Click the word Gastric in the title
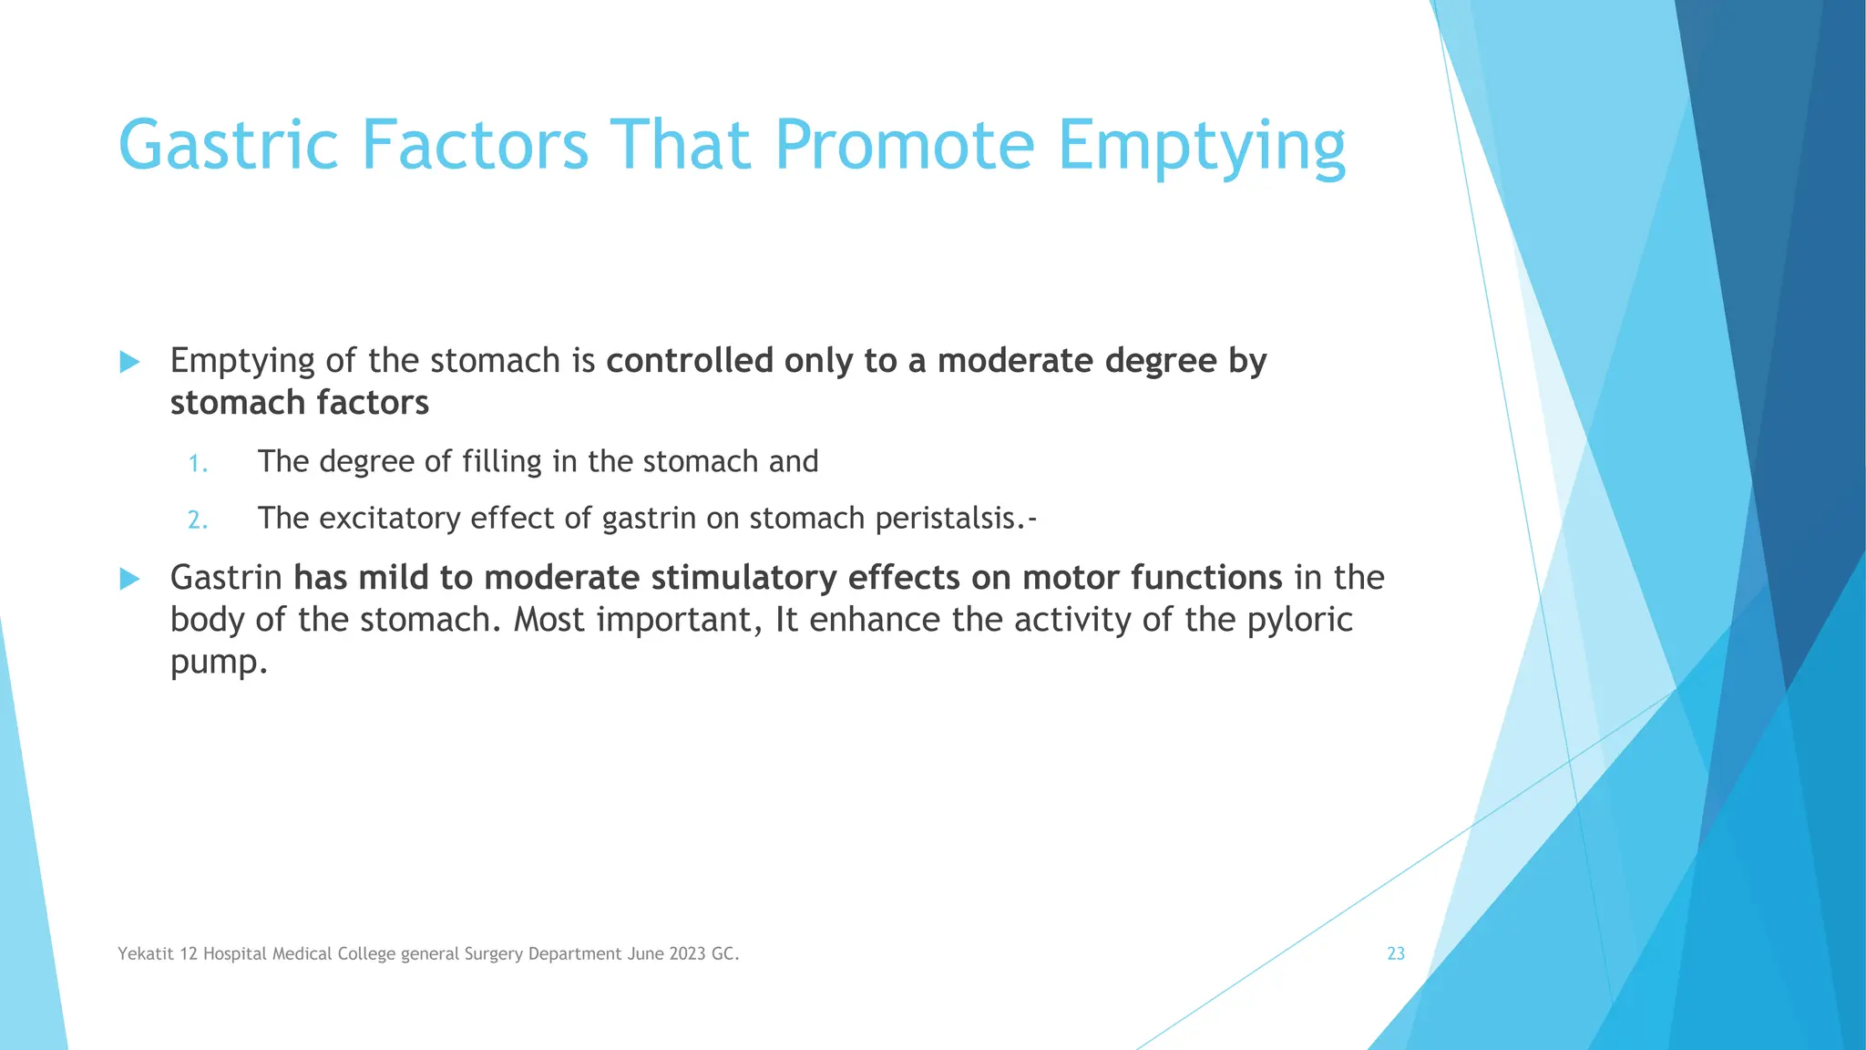click(229, 146)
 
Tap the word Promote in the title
click(905, 146)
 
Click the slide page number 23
click(1395, 953)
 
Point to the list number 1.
click(198, 464)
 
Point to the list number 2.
click(198, 520)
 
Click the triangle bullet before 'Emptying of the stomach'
click(130, 362)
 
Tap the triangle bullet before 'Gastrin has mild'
click(130, 579)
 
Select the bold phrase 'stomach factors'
click(299, 403)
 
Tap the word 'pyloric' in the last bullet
click(1299, 620)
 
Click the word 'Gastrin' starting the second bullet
click(226, 578)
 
